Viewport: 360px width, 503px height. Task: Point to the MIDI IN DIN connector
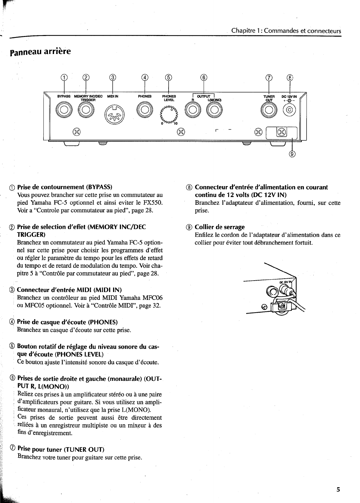point(113,114)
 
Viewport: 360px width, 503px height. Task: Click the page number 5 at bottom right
point(338,490)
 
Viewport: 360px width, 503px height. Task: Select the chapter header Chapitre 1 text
point(286,31)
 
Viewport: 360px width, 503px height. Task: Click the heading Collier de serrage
point(219,227)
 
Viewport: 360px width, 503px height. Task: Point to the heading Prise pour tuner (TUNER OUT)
point(61,449)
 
